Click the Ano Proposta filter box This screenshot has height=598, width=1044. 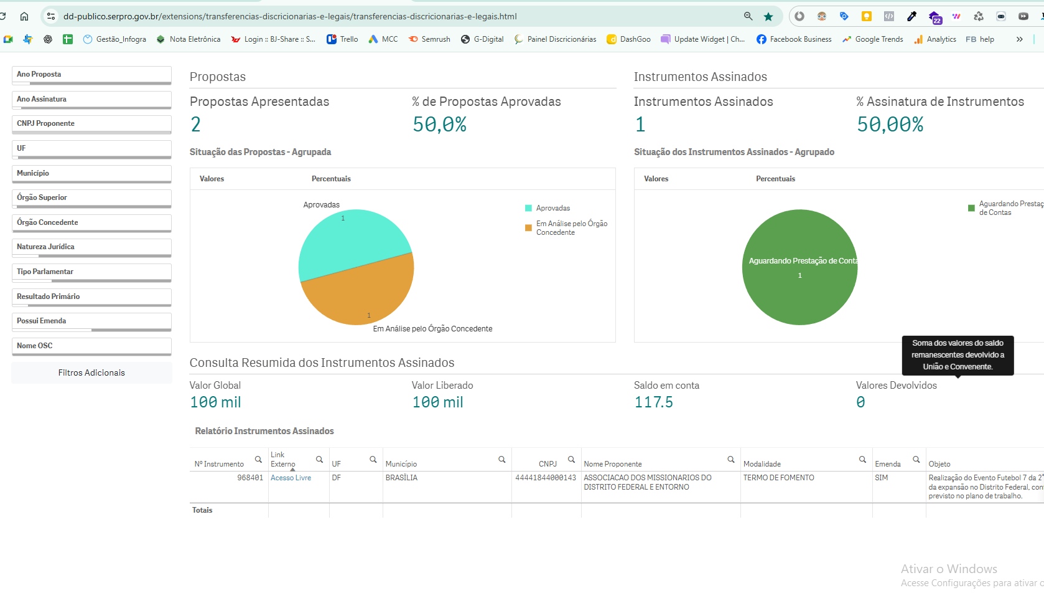click(91, 75)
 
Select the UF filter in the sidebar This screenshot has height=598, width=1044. click(91, 149)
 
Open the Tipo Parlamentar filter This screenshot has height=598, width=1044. click(91, 272)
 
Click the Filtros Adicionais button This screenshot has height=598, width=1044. click(91, 373)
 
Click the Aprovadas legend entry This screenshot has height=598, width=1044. click(552, 208)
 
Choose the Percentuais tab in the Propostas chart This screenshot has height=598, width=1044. click(331, 179)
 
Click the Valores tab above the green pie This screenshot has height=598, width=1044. click(656, 179)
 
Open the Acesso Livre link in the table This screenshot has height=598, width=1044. click(291, 478)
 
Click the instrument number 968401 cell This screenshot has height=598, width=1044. click(249, 478)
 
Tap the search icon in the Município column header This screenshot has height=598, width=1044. click(501, 460)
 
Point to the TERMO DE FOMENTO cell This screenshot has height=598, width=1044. click(778, 478)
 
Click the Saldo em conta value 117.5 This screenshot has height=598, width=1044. click(653, 402)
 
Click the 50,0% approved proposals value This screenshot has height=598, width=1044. click(439, 125)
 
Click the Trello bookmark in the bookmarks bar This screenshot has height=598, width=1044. click(342, 39)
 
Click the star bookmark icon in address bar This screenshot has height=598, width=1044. click(768, 17)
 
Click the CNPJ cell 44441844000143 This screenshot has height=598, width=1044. click(546, 478)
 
